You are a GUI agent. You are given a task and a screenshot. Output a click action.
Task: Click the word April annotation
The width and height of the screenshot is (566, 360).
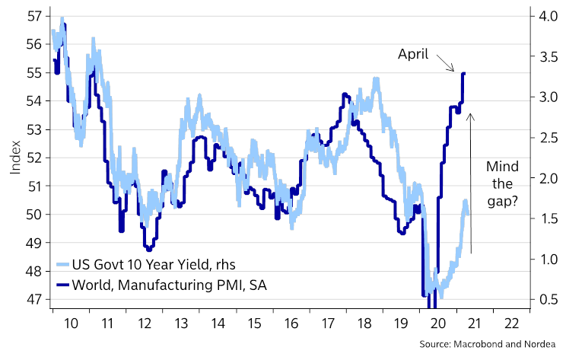pyautogui.click(x=414, y=54)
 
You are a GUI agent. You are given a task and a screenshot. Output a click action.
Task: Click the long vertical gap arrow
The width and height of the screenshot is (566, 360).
pyautogui.click(x=471, y=183)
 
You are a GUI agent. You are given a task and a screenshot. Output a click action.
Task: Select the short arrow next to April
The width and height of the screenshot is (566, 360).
pyautogui.click(x=447, y=64)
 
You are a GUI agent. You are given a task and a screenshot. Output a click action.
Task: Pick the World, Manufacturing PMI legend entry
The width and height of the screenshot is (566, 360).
pyautogui.click(x=164, y=285)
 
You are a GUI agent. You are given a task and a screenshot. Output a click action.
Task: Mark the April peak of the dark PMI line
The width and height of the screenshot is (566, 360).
pyautogui.click(x=463, y=73)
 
